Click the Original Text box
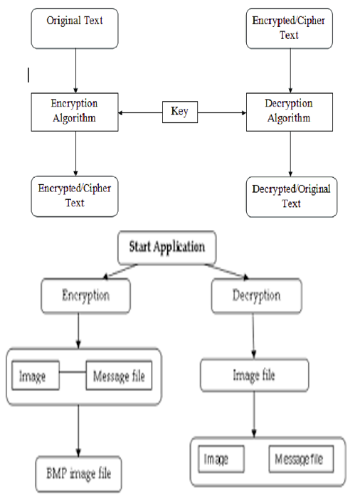(x=75, y=28)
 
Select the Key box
(x=180, y=112)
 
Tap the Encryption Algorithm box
(x=75, y=112)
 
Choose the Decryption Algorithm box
(x=290, y=112)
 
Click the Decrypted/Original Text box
(x=292, y=197)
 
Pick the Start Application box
(x=167, y=248)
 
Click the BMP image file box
(x=78, y=474)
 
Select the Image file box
(x=255, y=376)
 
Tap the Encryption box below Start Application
(x=86, y=296)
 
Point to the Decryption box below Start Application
(x=256, y=296)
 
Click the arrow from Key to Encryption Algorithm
(x=140, y=112)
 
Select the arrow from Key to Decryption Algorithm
(x=222, y=112)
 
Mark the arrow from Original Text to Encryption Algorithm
(x=75, y=71)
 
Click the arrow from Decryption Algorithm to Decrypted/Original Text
(x=290, y=154)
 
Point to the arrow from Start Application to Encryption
(x=120, y=272)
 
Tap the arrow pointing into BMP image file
(x=78, y=431)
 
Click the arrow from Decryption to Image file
(x=253, y=336)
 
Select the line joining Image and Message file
(x=73, y=372)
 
